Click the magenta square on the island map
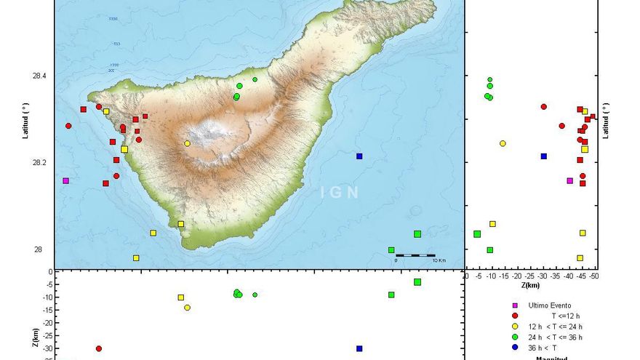65,180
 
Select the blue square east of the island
359,156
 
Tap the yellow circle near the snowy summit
187,143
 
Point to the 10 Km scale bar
415,255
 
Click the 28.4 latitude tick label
38,76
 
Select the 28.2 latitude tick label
38,163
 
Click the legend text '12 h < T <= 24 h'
556,327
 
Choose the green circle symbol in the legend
515,337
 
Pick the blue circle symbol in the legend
515,347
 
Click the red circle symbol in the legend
515,316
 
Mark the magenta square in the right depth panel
569,180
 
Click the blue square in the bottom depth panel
359,348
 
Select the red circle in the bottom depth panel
99,349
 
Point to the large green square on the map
417,234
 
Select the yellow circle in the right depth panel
503,143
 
